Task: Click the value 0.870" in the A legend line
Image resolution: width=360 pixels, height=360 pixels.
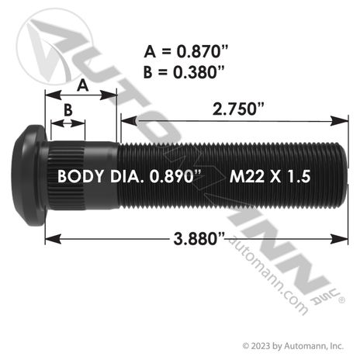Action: tap(202, 51)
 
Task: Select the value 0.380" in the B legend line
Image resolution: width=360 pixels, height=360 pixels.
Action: tap(199, 72)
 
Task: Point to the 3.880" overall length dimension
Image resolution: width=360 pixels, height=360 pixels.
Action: tap(199, 238)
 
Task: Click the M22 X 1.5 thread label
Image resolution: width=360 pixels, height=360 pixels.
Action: tap(270, 177)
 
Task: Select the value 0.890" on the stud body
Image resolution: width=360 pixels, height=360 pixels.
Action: tap(175, 176)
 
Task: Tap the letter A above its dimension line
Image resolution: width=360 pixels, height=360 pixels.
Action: tap(83, 85)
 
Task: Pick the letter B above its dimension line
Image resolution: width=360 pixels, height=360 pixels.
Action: tap(68, 109)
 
